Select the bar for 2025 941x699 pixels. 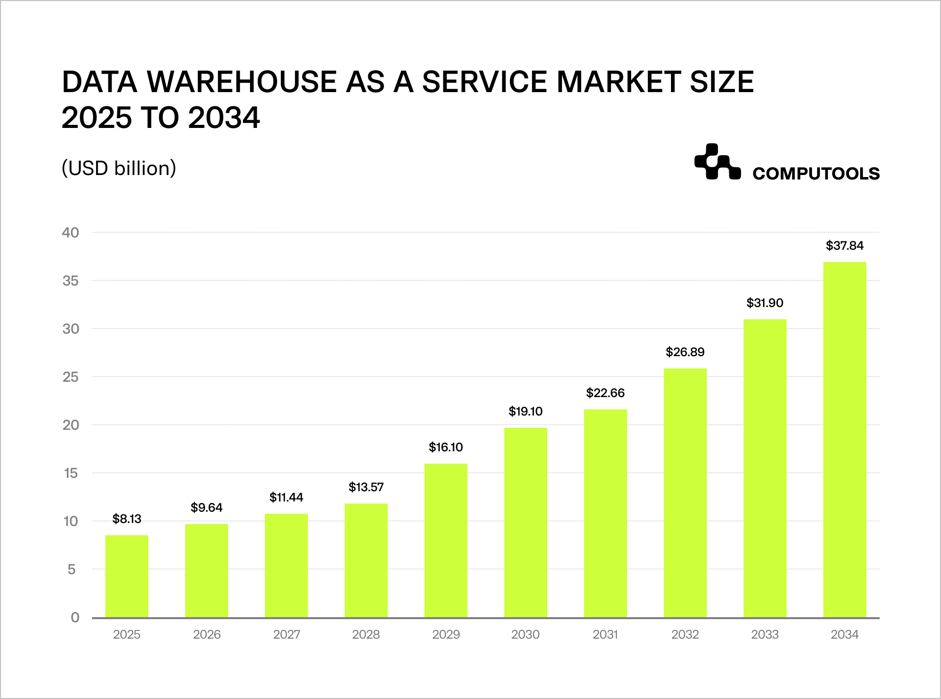coord(127,576)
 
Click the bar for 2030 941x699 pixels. coord(526,522)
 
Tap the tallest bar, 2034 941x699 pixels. coord(845,440)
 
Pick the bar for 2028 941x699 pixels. coord(366,560)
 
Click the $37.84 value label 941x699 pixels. coord(845,246)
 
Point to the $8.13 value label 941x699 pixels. coord(127,519)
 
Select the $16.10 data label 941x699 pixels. coord(446,447)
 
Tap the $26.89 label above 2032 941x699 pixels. coord(685,352)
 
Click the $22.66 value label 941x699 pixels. coord(606,393)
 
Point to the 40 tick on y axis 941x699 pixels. coord(71,233)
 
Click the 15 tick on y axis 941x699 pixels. coord(71,473)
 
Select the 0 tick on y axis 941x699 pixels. coord(75,618)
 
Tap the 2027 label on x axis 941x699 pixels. coord(286,635)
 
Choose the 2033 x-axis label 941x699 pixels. coord(765,635)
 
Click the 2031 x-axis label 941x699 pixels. coord(606,635)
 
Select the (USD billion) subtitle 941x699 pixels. coord(119,168)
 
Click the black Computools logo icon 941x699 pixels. coord(717,162)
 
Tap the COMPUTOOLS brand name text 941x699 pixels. coord(816,174)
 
